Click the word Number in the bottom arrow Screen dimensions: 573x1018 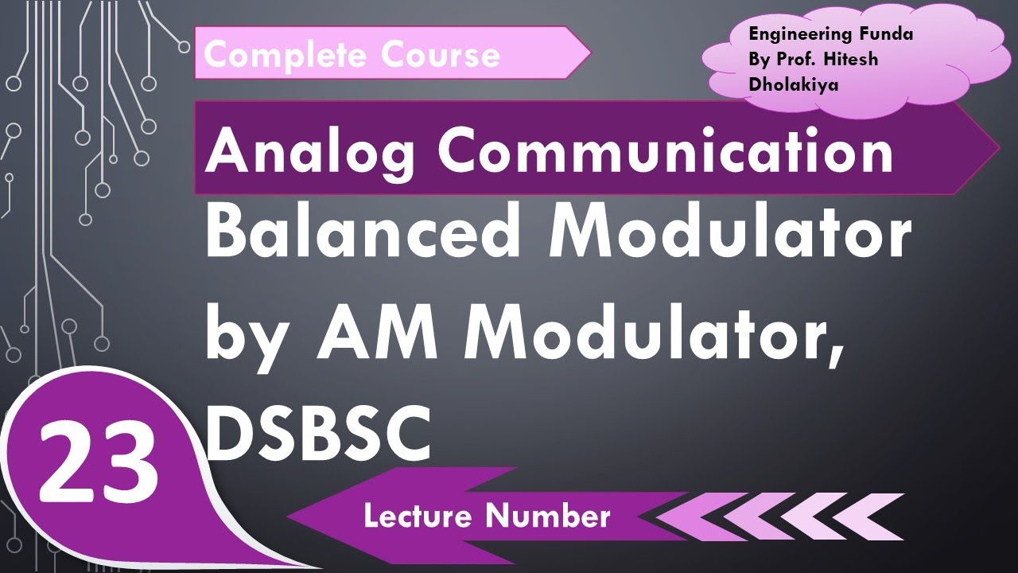(549, 516)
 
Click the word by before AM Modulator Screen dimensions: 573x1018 (251, 336)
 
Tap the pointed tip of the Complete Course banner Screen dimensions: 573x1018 (589, 53)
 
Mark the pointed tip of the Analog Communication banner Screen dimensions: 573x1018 (997, 148)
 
